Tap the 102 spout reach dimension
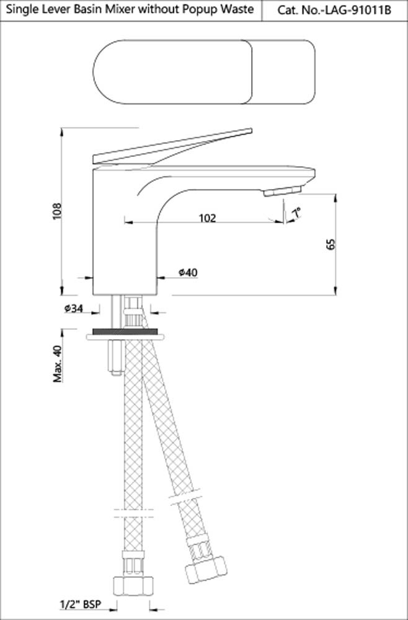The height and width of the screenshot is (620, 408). [x=207, y=218]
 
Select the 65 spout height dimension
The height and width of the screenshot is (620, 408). [x=330, y=244]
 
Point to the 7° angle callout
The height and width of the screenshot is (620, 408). [x=297, y=213]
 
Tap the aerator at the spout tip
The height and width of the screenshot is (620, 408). [x=282, y=191]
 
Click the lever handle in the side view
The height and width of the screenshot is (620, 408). [x=174, y=145]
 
